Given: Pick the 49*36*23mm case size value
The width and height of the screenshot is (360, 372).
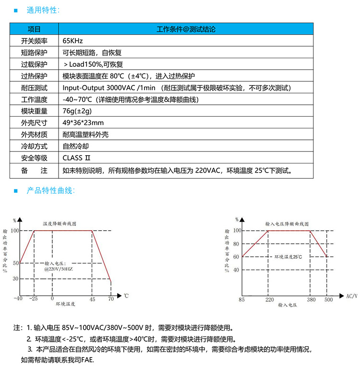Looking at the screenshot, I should point(83,123).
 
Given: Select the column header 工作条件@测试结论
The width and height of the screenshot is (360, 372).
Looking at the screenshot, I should point(186,29).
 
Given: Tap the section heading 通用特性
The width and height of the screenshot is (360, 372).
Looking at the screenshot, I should point(44,10).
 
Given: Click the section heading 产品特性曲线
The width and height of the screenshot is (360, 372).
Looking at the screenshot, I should point(50,191).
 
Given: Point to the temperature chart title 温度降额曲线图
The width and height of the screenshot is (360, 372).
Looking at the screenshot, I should point(60,224).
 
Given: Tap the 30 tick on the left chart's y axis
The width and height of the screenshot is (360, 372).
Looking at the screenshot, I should point(15,279).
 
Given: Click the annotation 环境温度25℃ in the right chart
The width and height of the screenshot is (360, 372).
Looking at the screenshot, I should point(288,257).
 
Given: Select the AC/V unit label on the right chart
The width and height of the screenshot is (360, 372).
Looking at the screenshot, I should point(352,296).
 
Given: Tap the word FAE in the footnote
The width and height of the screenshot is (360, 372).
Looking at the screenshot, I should point(88,360).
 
